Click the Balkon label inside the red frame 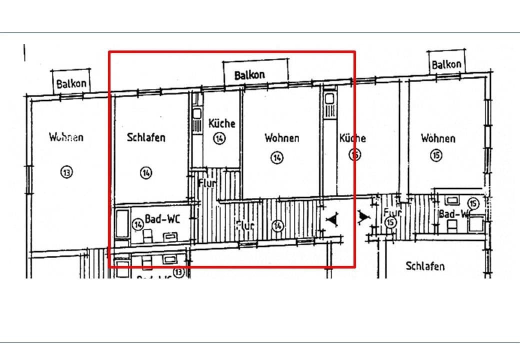tap(250, 74)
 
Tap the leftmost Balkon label tap(72, 83)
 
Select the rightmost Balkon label tap(446, 64)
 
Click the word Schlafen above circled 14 tap(146, 137)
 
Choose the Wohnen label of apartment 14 tap(282, 137)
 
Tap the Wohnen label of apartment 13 tap(66, 136)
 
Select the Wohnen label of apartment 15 tap(438, 138)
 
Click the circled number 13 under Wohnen tap(66, 172)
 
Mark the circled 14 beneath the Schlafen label tap(145, 173)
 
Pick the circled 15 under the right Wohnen tap(436, 156)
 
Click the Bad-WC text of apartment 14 tap(162, 219)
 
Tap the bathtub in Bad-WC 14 tap(121, 226)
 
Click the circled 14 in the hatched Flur tap(277, 226)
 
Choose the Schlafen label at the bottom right tap(425, 266)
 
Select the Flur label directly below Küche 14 tap(207, 183)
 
